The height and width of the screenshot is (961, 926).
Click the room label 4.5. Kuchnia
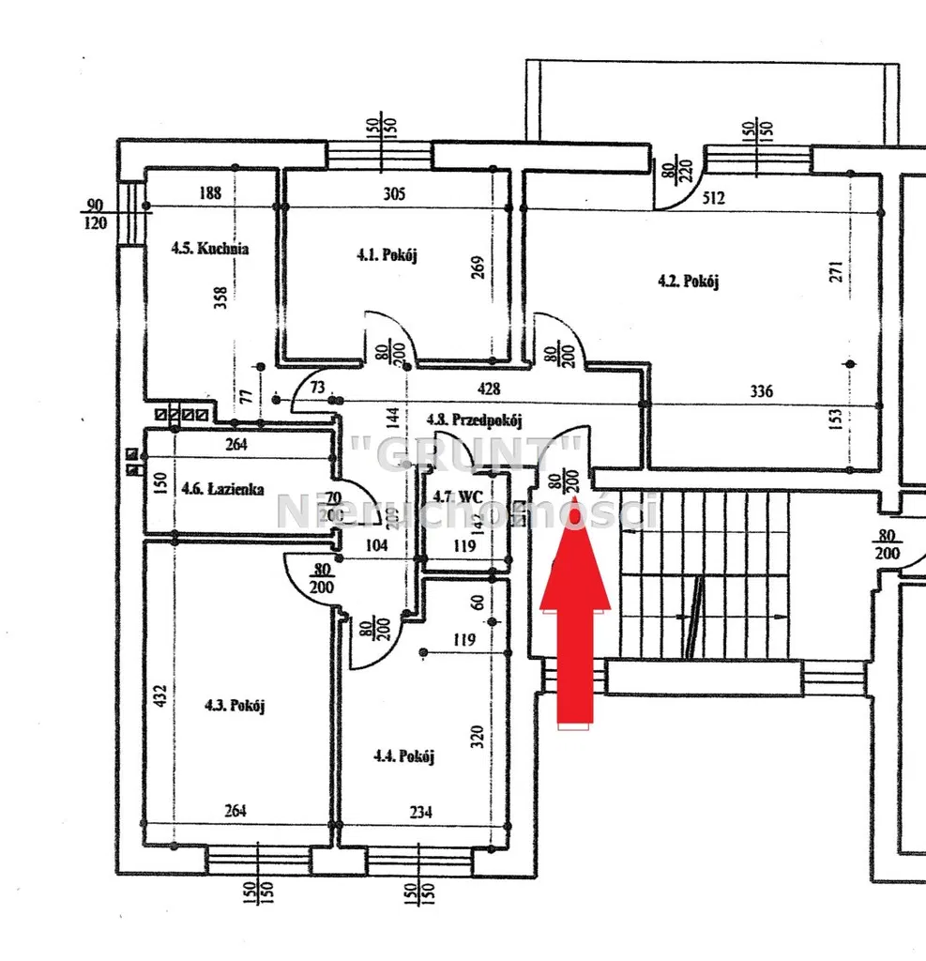tap(209, 250)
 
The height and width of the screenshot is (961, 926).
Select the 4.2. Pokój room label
tap(689, 280)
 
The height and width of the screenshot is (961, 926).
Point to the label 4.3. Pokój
tap(234, 706)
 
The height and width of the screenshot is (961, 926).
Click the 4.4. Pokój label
tap(403, 755)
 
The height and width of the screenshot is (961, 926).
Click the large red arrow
tap(575, 620)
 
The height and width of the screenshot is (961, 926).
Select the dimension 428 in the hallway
tap(489, 389)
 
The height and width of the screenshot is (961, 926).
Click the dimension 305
tap(395, 194)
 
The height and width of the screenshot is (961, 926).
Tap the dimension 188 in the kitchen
tap(210, 194)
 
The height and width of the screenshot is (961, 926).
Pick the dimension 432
tap(159, 695)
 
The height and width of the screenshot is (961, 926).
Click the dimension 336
tap(761, 391)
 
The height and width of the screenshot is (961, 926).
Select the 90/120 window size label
tap(94, 213)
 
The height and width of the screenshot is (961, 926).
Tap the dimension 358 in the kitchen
tap(220, 297)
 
